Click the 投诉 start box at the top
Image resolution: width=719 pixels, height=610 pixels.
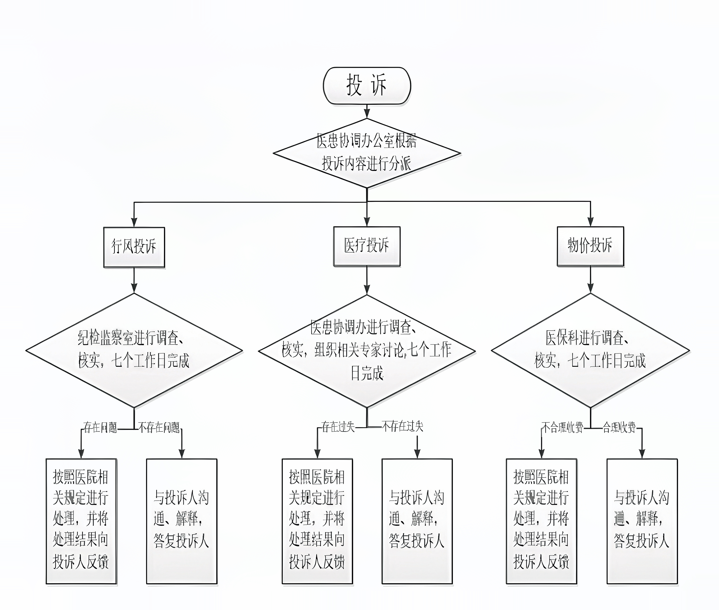point(367,85)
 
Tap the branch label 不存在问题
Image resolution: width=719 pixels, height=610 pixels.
point(159,428)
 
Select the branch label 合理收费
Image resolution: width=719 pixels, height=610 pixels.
point(619,428)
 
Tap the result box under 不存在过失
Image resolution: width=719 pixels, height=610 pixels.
point(417,521)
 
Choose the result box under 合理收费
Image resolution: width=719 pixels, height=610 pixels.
point(642,521)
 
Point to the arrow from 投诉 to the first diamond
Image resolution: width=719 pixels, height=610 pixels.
point(367,111)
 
